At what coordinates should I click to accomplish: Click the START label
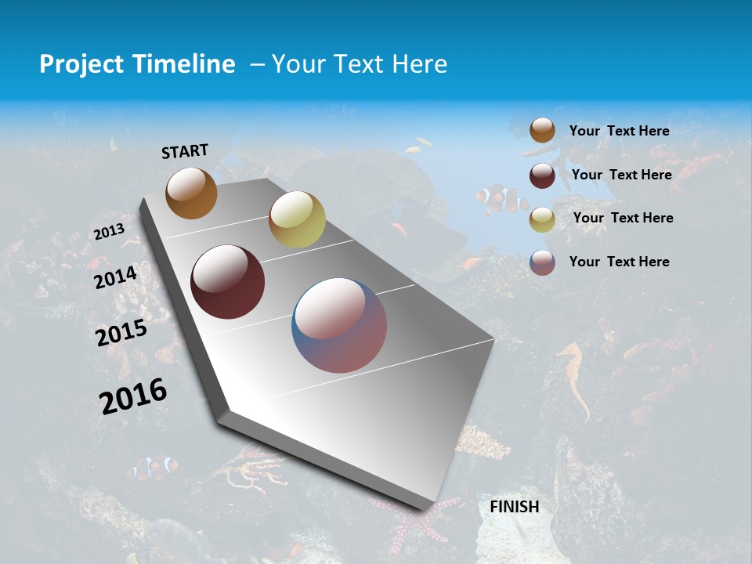click(185, 151)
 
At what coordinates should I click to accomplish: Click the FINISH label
click(514, 507)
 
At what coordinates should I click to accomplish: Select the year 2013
click(110, 231)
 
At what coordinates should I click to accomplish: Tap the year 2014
click(116, 277)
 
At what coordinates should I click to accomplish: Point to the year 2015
click(121, 333)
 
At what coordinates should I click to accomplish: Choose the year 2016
click(133, 395)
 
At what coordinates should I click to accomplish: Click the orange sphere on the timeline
click(191, 193)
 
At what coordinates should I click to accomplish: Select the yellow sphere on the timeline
click(297, 219)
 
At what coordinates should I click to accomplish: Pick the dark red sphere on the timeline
click(228, 282)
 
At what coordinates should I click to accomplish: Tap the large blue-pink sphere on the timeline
click(339, 325)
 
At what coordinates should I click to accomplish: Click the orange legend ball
click(542, 131)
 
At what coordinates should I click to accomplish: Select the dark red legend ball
click(542, 175)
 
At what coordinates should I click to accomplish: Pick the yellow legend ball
click(542, 219)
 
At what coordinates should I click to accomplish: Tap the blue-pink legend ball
click(542, 262)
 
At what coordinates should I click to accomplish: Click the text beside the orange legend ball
click(619, 131)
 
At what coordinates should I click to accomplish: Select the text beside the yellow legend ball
click(623, 218)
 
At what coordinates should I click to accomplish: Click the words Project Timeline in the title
click(137, 64)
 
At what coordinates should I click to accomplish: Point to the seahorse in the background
click(577, 376)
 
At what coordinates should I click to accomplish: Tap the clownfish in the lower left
click(154, 468)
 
